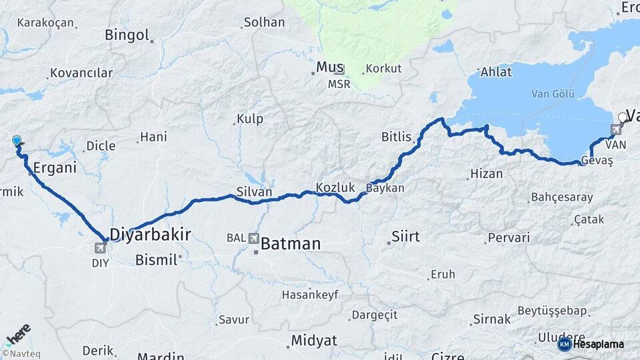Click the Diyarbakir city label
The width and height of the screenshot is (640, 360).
pos(150,234)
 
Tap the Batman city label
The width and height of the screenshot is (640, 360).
pos(290,244)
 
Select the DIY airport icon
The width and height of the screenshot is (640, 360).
pos(100,249)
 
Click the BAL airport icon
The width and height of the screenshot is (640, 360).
pos(253,238)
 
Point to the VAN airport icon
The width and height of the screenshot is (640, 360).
pos(617,129)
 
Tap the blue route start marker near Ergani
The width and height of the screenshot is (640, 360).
pos(17,141)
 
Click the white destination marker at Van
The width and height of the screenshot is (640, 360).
pos(623,117)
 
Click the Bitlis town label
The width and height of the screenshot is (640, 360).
pos(396,137)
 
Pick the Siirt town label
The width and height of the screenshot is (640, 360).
pos(405,236)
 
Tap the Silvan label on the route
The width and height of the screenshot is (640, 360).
pos(254,192)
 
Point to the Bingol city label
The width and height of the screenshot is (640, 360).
pos(127,35)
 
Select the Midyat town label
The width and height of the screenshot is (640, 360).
pos(313,341)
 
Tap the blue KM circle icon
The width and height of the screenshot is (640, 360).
pos(564,344)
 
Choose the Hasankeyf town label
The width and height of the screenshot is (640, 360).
pos(310,294)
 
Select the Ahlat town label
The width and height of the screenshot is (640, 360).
pos(496,72)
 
